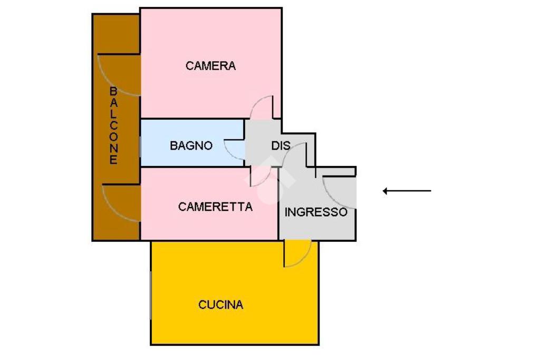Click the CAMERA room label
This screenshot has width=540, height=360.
coord(210,66)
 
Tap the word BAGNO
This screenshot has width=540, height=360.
coord(191,145)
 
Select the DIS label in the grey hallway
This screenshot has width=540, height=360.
coord(281,145)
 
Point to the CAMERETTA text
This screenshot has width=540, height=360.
coord(215,207)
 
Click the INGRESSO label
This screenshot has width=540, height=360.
coord(316,212)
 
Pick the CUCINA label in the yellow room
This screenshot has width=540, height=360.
coord(220,305)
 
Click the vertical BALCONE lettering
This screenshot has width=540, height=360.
coord(113,126)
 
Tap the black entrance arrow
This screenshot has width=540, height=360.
coord(407,191)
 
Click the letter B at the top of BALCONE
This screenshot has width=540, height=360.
coord(113,91)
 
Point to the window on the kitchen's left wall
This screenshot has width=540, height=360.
coord(151,295)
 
